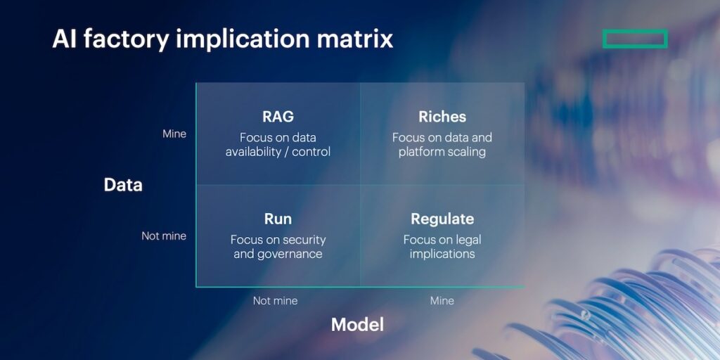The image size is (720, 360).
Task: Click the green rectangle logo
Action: point(634,39)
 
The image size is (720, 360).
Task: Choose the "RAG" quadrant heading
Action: point(278,117)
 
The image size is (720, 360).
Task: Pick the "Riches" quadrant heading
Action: point(442,117)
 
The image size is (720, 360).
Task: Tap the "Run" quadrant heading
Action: point(278,219)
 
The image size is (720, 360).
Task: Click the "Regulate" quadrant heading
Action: point(442,219)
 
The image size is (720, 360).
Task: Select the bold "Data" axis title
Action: point(123,185)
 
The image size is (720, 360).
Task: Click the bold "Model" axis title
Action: point(357,324)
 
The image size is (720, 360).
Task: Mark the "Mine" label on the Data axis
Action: point(174,134)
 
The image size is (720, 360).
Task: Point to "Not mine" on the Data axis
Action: point(164,236)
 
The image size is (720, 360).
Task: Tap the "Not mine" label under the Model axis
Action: point(275,301)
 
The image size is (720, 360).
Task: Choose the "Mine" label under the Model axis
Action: point(442,301)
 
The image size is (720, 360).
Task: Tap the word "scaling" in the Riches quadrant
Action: point(463,152)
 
